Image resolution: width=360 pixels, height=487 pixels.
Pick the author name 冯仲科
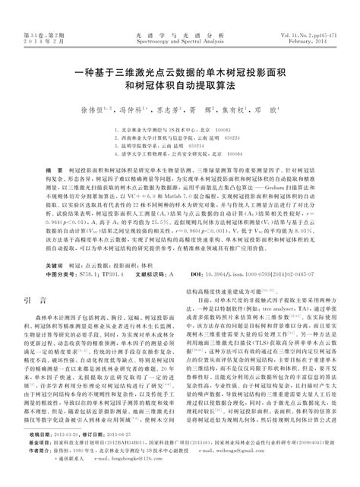132,109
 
